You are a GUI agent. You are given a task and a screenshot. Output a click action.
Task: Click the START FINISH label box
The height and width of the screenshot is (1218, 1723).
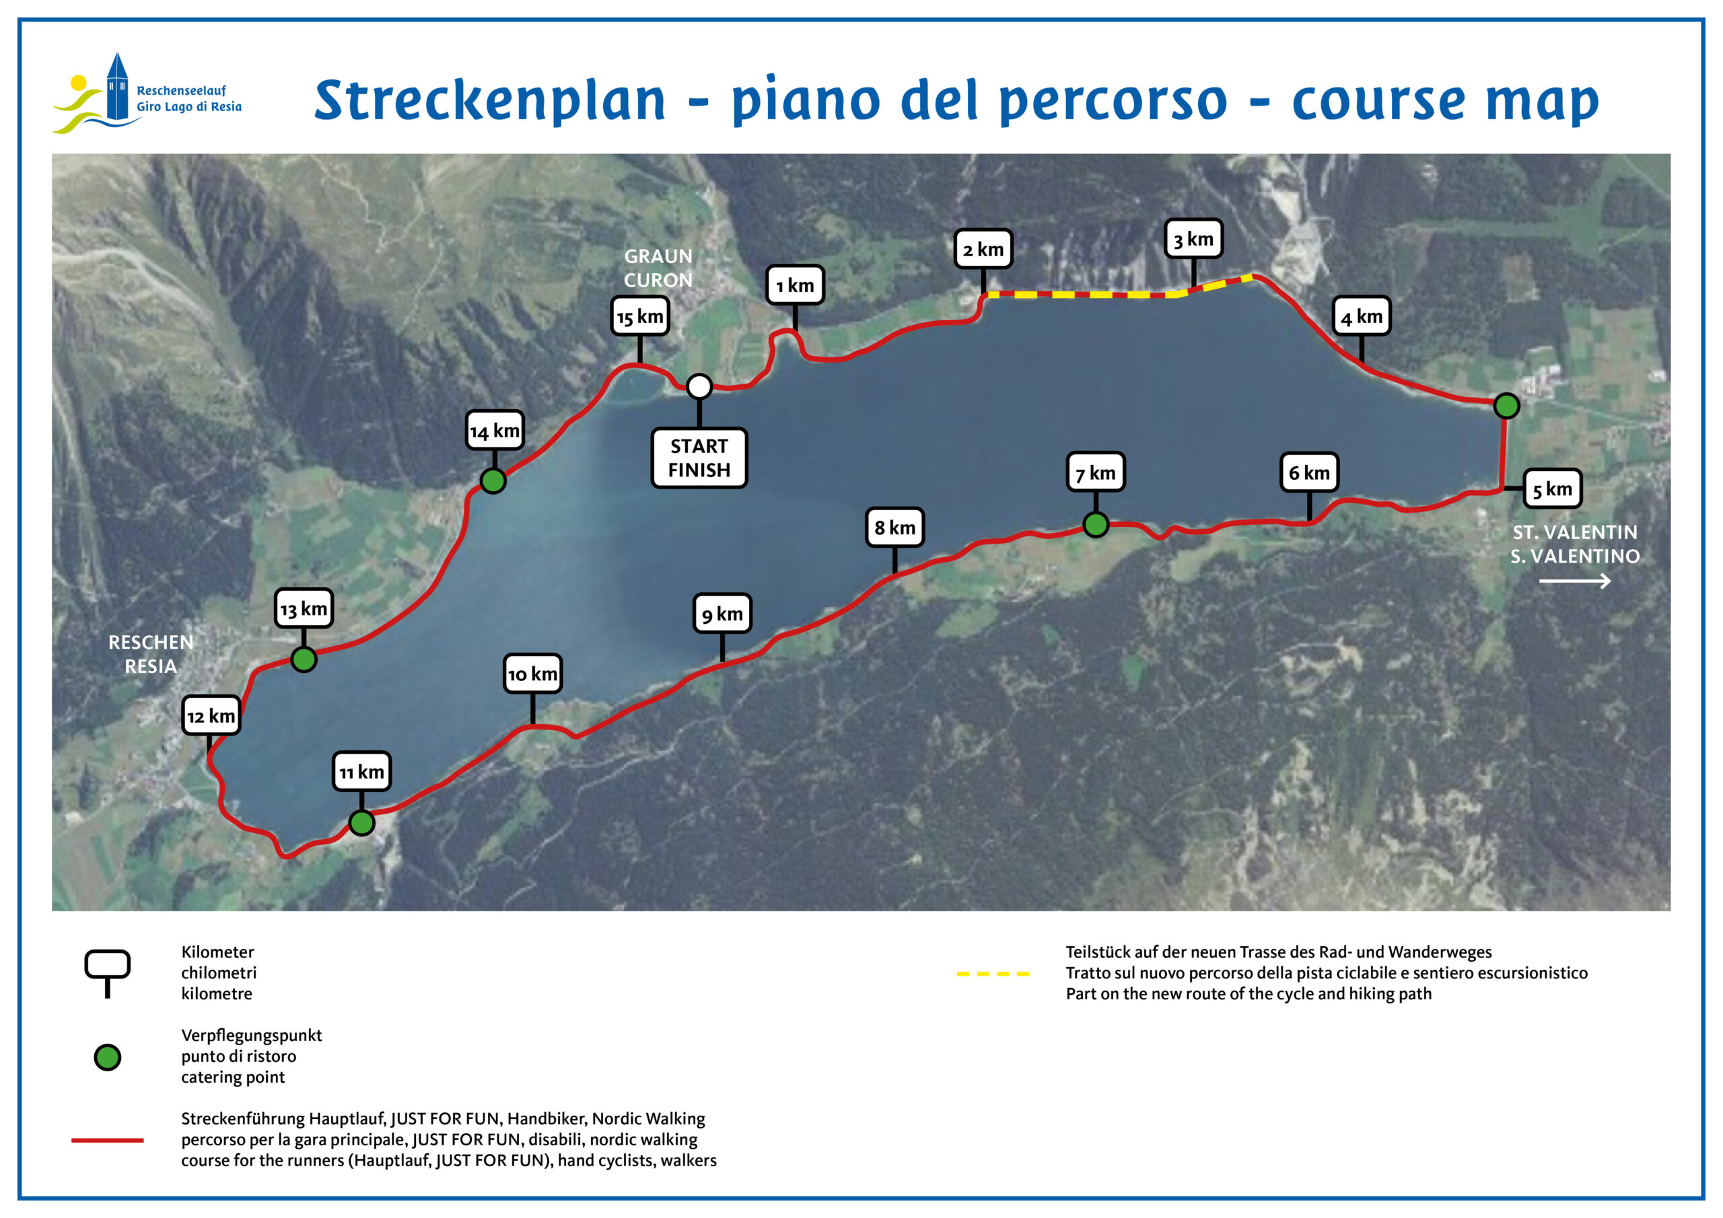[699, 458]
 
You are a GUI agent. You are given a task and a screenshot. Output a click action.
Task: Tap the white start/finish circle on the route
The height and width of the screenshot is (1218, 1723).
[699, 386]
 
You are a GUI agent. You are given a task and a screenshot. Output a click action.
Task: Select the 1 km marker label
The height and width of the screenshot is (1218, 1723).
[795, 285]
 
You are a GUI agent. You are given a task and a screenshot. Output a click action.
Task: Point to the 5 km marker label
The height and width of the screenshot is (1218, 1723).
[1552, 489]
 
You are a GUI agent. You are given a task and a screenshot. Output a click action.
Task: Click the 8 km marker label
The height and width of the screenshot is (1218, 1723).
[894, 528]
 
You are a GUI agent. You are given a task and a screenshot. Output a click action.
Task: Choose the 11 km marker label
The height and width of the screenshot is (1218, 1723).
[361, 771]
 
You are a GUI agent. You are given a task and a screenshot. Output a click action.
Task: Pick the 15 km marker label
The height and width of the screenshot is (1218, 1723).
[639, 317]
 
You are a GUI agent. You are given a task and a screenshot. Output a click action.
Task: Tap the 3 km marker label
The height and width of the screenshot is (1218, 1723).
[1193, 239]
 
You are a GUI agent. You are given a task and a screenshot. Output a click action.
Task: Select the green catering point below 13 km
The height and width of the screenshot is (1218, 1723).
[304, 659]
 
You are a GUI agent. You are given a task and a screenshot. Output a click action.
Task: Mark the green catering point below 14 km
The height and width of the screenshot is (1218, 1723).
[493, 481]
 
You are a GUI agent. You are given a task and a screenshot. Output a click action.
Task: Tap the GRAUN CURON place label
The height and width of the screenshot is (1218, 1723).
[658, 268]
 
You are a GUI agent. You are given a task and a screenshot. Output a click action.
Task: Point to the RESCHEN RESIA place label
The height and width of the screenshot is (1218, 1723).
[151, 653]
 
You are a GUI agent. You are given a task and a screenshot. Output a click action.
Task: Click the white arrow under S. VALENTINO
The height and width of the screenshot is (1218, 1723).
[1574, 581]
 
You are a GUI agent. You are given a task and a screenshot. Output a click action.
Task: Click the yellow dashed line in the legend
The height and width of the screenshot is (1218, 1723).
[993, 974]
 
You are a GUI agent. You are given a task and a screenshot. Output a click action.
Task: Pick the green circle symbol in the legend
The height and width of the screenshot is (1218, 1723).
[107, 1057]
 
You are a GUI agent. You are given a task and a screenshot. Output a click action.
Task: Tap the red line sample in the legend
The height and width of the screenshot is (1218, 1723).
[107, 1140]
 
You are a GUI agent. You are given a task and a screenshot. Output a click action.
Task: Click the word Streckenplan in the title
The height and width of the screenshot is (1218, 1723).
[490, 100]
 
